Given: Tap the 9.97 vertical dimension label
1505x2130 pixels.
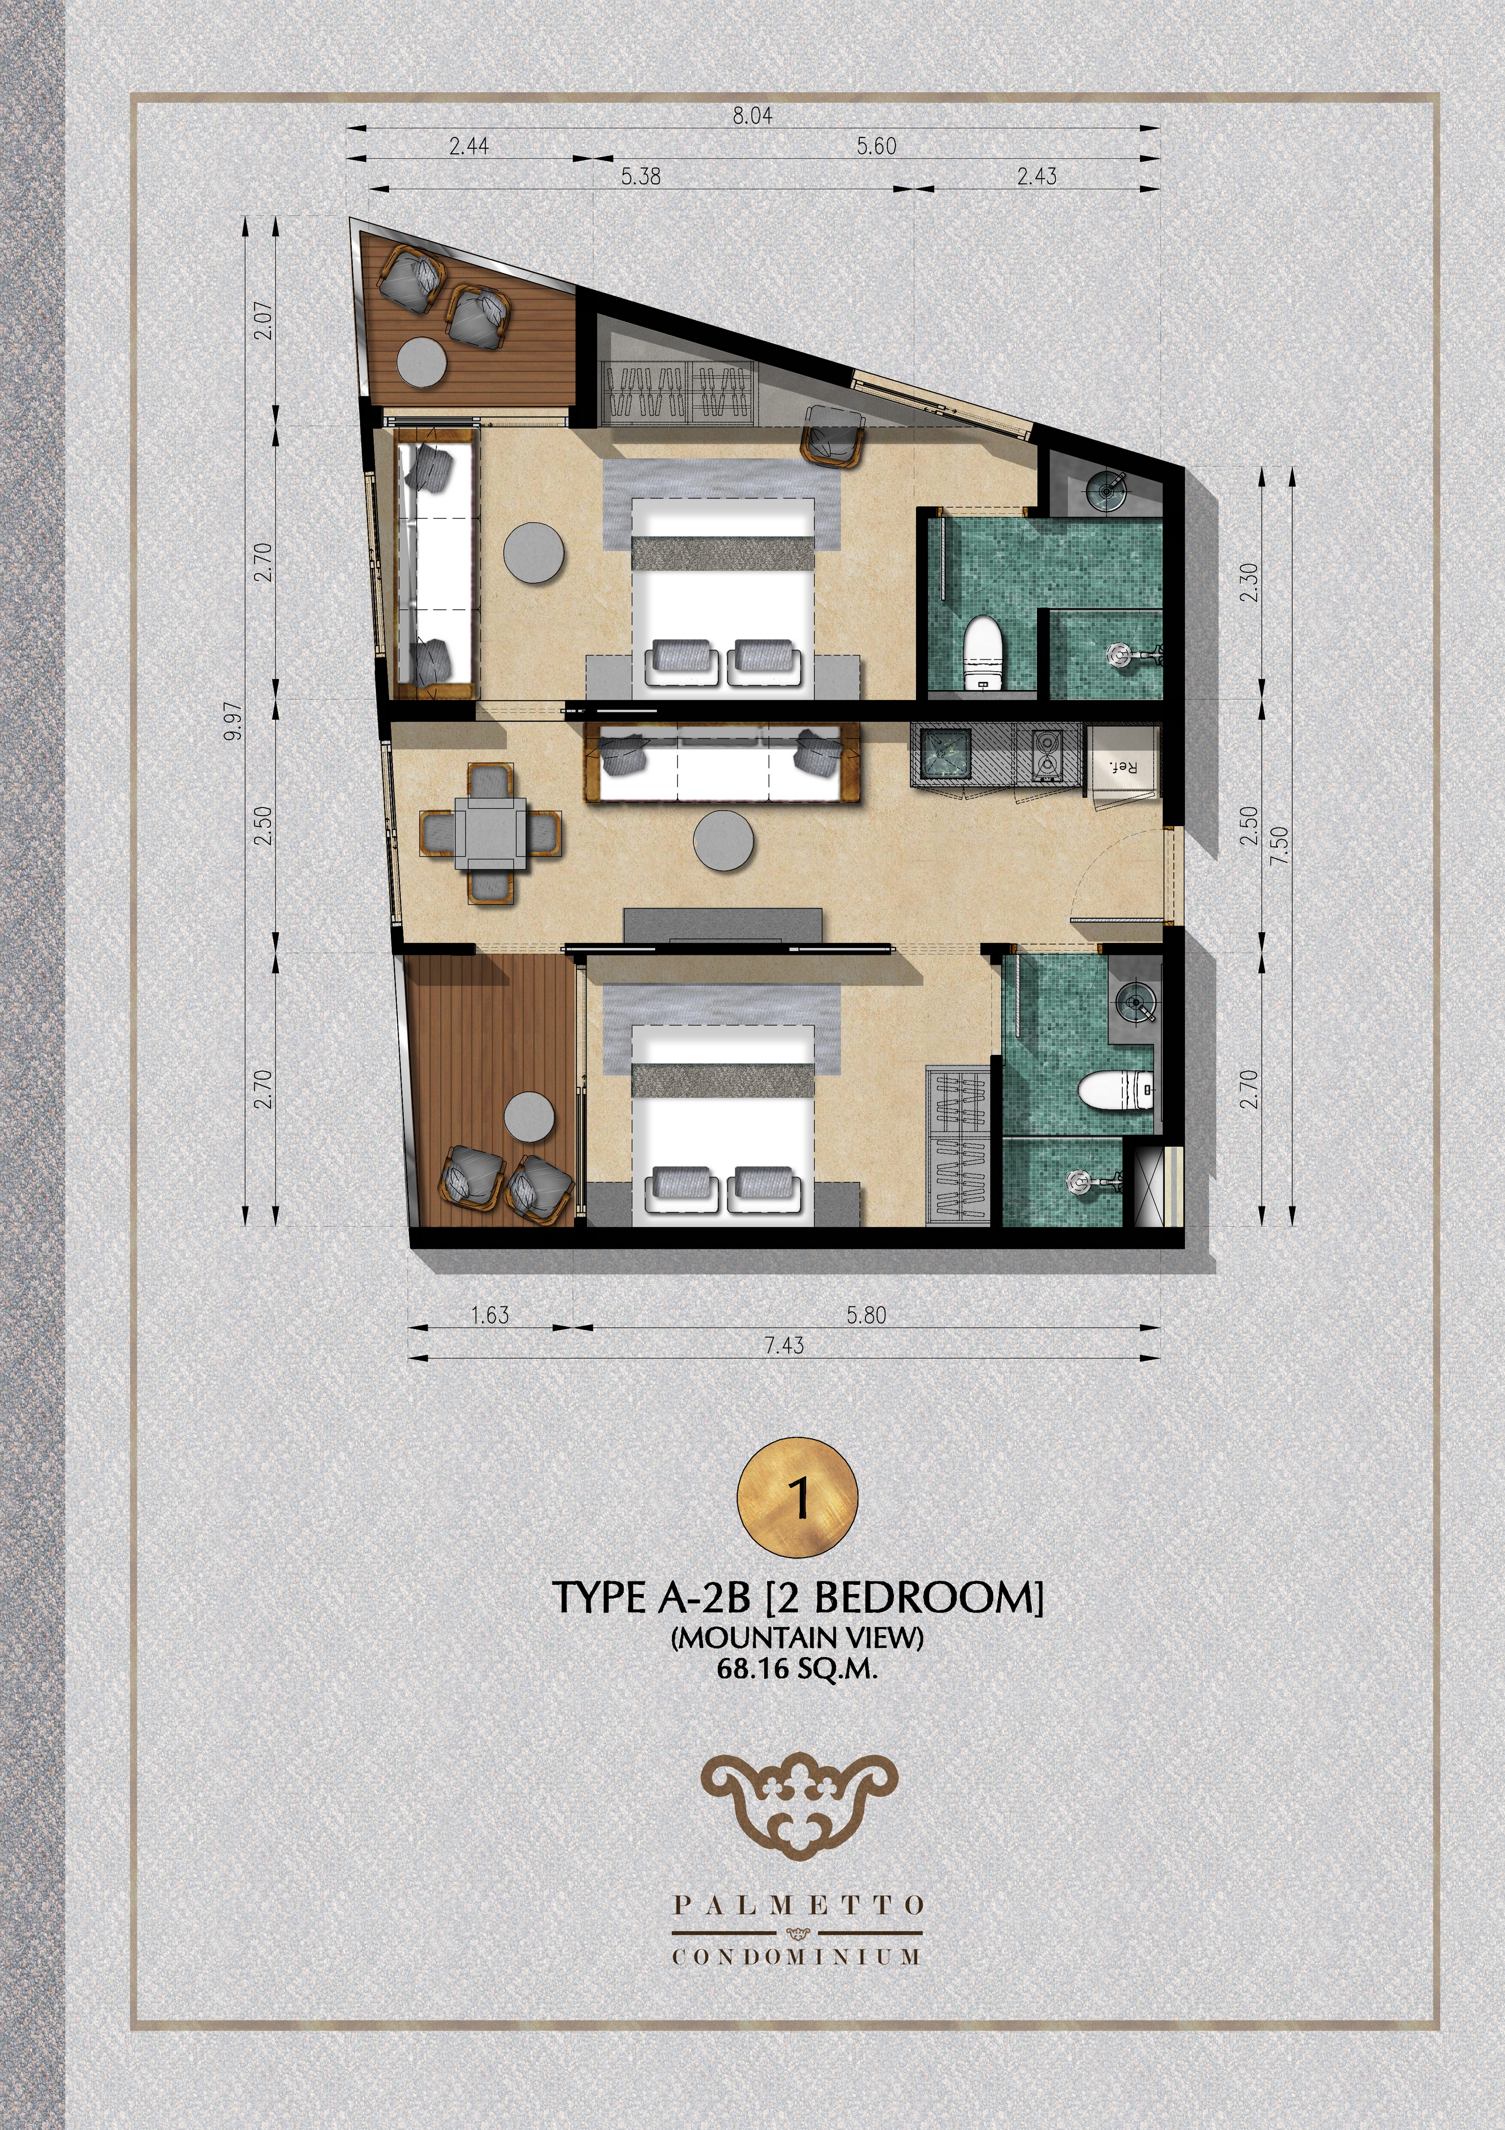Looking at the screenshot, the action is pos(234,721).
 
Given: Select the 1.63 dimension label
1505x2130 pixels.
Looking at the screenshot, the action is pos(490,1314).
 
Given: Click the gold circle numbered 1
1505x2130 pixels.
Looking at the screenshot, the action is pos(798,1497).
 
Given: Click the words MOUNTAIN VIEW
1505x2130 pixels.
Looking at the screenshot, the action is pos(798,1638).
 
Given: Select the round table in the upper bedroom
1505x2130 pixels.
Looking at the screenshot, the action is pos(533,554).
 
